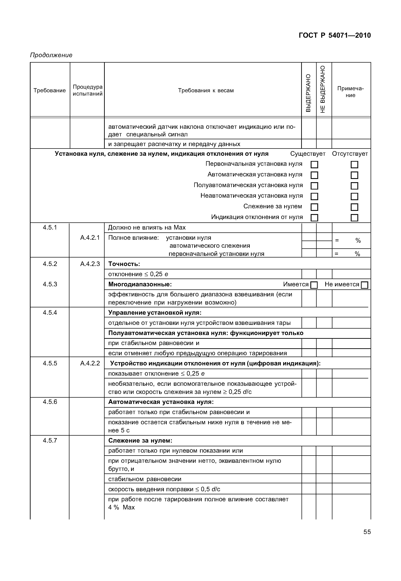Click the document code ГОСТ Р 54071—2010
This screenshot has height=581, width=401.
point(334,35)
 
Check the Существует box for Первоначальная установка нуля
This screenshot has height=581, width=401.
point(314,165)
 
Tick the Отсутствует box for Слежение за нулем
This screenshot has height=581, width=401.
point(354,207)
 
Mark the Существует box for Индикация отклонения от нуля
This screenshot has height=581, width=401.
point(314,218)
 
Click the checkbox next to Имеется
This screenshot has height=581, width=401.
point(314,285)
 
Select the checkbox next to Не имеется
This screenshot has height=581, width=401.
point(364,285)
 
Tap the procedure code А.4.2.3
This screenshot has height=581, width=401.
point(90,264)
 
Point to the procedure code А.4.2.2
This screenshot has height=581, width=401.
point(90,363)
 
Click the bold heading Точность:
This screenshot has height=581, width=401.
point(124,264)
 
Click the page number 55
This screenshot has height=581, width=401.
point(367,532)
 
